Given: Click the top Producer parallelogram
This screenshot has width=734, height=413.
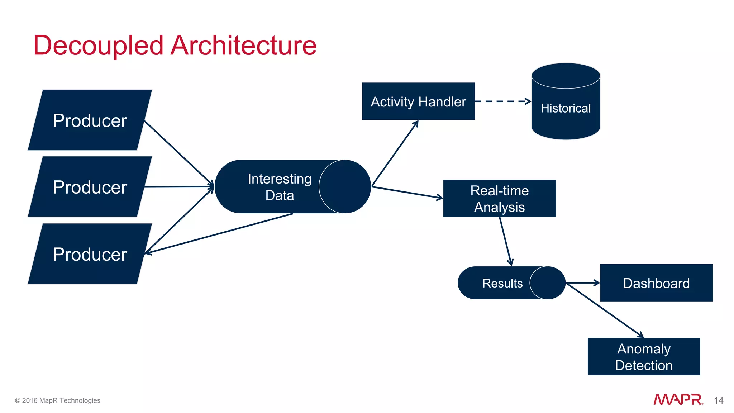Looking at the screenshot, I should click(90, 120).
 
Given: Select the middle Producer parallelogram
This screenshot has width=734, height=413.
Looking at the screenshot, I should click(90, 187).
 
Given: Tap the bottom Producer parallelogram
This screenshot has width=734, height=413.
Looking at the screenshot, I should click(90, 254).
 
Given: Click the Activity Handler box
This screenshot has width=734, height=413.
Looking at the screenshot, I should click(418, 101).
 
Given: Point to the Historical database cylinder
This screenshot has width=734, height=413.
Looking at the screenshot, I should click(566, 108).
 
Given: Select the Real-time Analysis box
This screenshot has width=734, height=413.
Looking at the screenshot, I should click(499, 199).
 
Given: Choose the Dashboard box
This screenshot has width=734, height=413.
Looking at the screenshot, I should click(656, 283).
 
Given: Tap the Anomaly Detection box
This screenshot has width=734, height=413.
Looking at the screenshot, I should click(644, 357).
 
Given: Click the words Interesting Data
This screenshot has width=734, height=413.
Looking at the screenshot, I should click(280, 187).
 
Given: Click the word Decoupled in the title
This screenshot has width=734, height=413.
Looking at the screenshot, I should click(99, 46).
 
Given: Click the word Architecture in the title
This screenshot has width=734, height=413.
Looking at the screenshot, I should click(244, 46).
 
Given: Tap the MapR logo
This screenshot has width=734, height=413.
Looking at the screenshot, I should click(678, 399).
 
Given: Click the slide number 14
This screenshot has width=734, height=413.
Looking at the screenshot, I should click(718, 400).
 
